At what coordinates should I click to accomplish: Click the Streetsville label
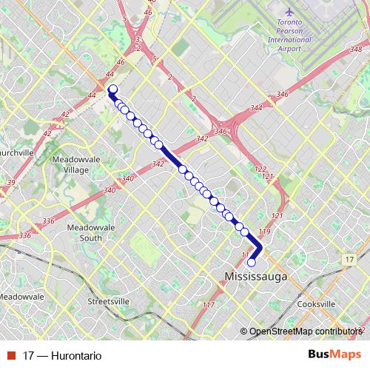109,302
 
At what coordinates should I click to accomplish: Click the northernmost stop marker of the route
113,90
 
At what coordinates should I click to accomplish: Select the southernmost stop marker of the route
252,262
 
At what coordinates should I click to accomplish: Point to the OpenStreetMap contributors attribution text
303,331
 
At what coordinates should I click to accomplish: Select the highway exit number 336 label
50,221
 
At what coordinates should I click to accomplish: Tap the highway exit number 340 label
127,178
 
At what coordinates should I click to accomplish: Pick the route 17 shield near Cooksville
349,260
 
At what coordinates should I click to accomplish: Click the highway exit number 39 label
11,182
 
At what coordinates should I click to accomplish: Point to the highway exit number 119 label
266,232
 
